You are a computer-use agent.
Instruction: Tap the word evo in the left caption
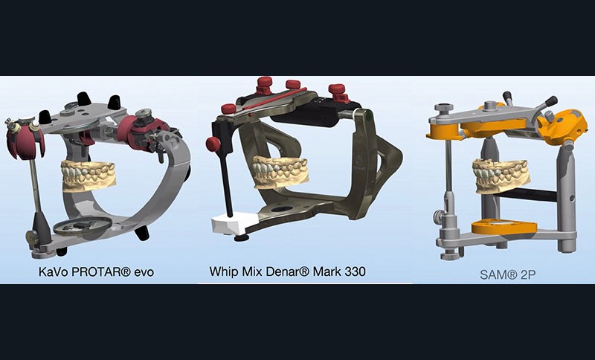[144, 273]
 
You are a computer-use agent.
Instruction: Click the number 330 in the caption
[356, 271]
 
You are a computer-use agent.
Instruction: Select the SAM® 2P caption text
[507, 274]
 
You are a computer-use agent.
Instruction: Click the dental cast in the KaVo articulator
[89, 176]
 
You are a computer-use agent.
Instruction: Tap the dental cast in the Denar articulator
[281, 172]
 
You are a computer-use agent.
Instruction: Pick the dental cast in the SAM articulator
[501, 176]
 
